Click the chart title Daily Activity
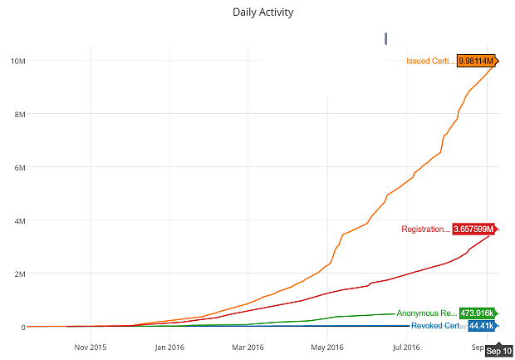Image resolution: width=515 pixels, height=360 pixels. tap(262, 12)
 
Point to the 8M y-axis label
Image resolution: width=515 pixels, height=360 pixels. tap(18, 114)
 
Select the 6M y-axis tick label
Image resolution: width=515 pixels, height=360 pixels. tap(18, 167)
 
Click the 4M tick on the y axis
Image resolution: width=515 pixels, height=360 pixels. tap(18, 220)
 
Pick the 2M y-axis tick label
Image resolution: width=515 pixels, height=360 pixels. tap(18, 274)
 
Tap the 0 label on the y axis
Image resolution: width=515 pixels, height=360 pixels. tap(23, 327)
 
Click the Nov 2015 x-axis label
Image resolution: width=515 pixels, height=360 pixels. tap(91, 347)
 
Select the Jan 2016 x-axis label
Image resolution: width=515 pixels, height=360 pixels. tap(169, 347)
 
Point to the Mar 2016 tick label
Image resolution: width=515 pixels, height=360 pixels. tap(248, 347)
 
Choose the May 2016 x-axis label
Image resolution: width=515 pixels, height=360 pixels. tap(328, 347)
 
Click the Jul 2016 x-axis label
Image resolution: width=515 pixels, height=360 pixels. tap(406, 347)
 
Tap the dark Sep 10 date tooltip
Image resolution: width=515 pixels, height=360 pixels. tap(498, 351)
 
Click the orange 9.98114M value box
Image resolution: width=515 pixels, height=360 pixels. tap(476, 61)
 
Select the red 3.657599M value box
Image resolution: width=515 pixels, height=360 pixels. tap(473, 229)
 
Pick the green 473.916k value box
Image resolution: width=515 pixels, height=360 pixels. tap(477, 313)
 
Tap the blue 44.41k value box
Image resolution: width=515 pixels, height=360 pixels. tap(481, 325)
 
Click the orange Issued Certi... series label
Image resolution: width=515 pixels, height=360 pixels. tap(430, 61)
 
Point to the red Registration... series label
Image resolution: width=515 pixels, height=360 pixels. tap(425, 229)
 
